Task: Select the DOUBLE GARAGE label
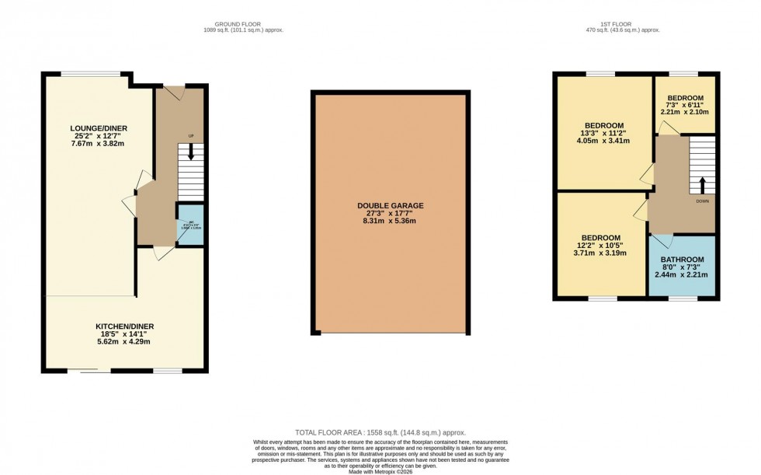390,206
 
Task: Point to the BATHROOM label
682,260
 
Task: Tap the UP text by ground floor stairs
190,137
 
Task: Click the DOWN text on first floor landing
702,201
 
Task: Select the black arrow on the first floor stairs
702,184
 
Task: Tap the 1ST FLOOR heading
618,24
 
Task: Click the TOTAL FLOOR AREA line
380,431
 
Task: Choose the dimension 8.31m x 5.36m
390,222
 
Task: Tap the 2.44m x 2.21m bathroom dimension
682,275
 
